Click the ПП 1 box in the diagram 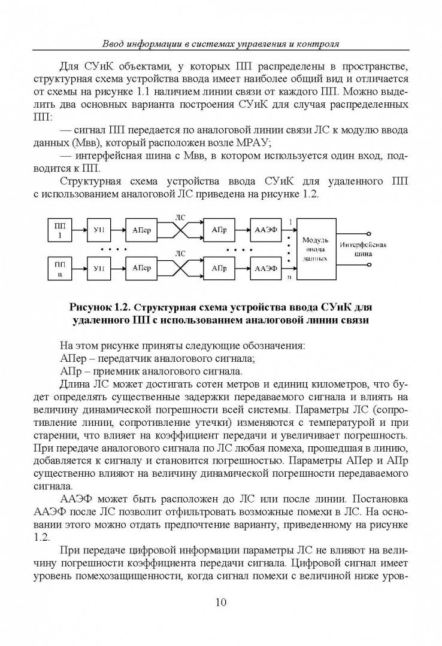pyautogui.click(x=60, y=230)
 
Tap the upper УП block pyautogui.click(x=99, y=230)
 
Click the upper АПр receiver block pyautogui.click(x=219, y=230)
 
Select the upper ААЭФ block pyautogui.click(x=265, y=230)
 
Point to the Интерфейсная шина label pyautogui.click(x=363, y=249)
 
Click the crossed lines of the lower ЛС pyautogui.click(x=180, y=267)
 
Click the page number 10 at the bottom pyautogui.click(x=221, y=602)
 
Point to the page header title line pyautogui.click(x=221, y=44)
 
